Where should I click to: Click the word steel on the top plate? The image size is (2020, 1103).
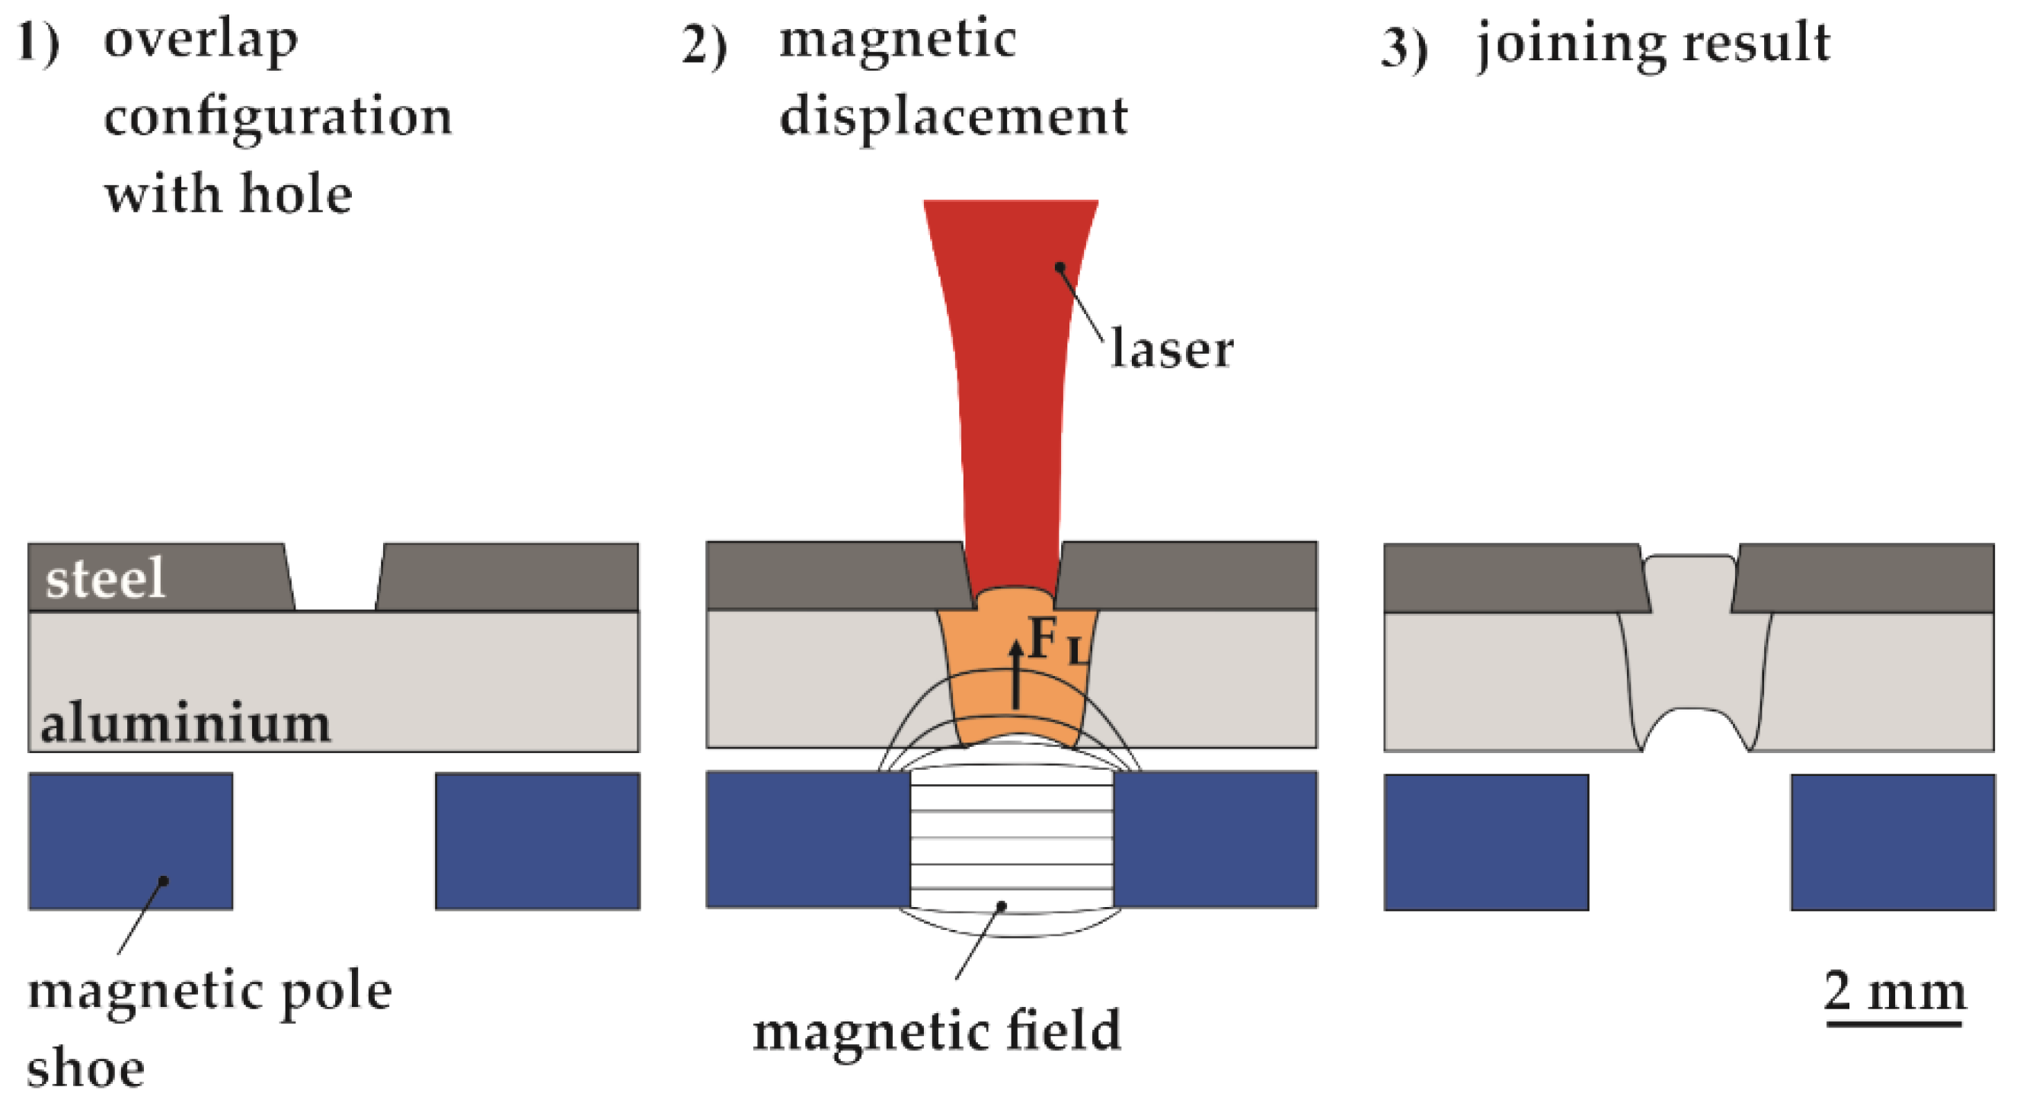105,579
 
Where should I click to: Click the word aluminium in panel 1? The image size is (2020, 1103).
185,723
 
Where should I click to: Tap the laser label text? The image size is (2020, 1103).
1171,349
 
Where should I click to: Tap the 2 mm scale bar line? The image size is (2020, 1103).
1893,1023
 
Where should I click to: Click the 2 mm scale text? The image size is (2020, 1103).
1893,992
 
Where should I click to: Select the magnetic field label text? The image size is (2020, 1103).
936,1031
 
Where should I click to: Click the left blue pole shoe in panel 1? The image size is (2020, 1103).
130,841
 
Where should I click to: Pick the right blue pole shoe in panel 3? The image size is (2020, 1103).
1892,842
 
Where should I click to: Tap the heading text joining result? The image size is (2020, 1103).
1653,43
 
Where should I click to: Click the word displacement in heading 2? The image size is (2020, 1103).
953,117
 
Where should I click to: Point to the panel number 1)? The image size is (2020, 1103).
37,43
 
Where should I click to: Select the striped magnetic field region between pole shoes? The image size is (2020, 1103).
1011,839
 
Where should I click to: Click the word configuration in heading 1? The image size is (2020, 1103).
277,117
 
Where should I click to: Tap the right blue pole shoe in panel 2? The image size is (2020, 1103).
1215,839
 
